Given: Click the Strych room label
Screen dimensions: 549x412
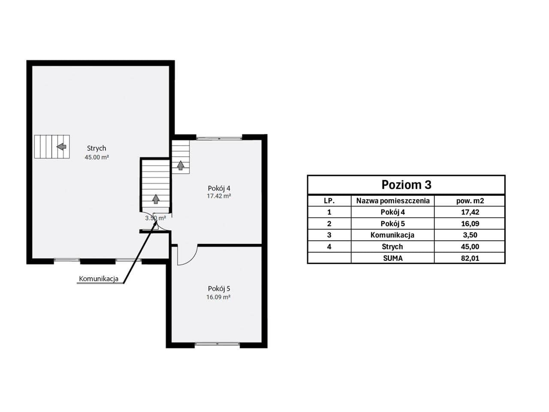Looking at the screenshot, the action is point(97,148).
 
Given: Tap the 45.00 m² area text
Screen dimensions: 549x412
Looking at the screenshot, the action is point(97,158).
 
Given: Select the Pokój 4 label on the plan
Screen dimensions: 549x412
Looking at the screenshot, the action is point(219,188).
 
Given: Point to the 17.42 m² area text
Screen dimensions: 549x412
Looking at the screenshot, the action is point(219,196).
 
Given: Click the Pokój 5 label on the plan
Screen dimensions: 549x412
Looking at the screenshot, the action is point(219,289).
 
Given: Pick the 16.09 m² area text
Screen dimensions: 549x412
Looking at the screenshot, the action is point(218,297).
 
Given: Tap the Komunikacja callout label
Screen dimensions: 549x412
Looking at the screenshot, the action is point(99,279).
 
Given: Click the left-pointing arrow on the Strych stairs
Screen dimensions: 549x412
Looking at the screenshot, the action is point(61,147).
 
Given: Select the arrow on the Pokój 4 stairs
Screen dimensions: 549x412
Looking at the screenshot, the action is point(181,165).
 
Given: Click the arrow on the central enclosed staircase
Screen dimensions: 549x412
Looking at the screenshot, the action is point(156,199).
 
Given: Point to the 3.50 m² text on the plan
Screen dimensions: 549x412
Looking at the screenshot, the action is point(155,218).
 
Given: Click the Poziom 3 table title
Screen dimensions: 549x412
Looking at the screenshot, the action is point(407,185).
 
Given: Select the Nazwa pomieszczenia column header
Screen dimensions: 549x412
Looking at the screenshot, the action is point(393,200).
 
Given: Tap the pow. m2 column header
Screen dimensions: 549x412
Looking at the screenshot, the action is point(470,200).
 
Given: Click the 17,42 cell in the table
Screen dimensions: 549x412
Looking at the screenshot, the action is point(470,212).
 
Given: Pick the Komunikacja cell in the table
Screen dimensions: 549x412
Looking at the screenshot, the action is point(392,235).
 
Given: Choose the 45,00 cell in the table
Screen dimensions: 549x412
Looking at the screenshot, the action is point(470,247).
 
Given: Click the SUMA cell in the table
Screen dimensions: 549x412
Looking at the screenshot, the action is point(393,258).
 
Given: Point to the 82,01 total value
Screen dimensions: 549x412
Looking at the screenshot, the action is point(470,258).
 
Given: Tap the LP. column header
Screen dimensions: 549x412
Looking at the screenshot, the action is point(329,200).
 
